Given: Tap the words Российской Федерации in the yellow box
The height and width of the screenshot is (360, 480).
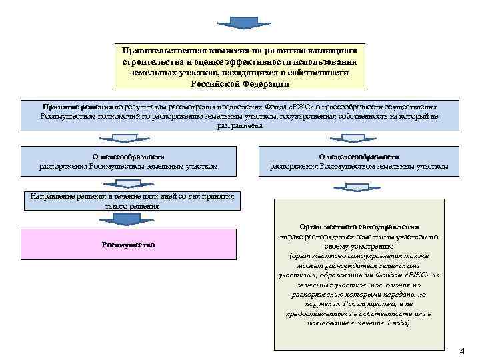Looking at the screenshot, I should coord(239,83).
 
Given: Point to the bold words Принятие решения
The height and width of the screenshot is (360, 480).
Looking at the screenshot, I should coord(77,106).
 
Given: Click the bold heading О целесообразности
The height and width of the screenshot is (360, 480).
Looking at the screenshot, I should coord(128,157).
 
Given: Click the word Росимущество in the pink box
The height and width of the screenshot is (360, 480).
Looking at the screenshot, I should coord(128,245).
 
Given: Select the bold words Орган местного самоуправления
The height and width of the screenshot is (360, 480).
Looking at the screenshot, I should coord(359,227).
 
